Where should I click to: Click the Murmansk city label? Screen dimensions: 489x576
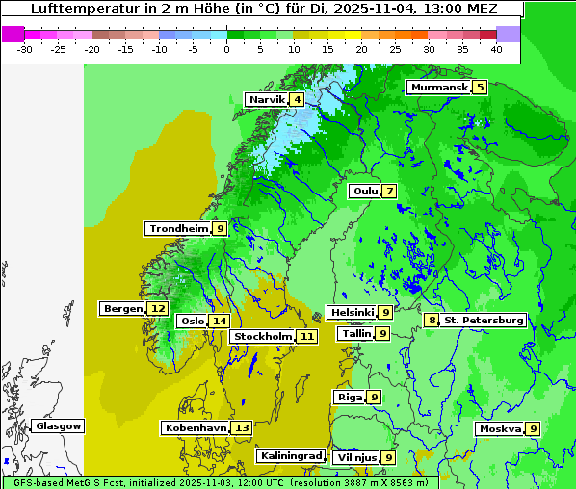[x=438, y=88]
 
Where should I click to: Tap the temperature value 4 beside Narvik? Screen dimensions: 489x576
[x=298, y=100]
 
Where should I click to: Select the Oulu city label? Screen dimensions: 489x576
[x=364, y=191]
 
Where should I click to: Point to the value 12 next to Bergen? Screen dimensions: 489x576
[x=157, y=308]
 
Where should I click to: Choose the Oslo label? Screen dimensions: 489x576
[x=193, y=321]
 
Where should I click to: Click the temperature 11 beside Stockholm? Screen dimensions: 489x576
[x=306, y=336]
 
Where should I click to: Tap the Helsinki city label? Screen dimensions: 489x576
[x=352, y=312]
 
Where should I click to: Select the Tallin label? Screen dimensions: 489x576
[x=356, y=333]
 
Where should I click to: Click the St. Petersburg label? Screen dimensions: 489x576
[x=483, y=320]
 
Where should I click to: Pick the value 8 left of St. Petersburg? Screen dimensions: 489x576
[x=432, y=320]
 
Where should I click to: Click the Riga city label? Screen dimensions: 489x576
[x=349, y=397]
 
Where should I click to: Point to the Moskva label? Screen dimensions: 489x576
[x=500, y=428]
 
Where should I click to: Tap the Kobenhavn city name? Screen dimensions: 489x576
[x=196, y=427]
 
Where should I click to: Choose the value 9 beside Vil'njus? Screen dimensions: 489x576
[x=388, y=457]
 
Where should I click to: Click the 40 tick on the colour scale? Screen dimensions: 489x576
[x=495, y=47]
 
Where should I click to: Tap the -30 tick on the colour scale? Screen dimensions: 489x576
[x=25, y=47]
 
